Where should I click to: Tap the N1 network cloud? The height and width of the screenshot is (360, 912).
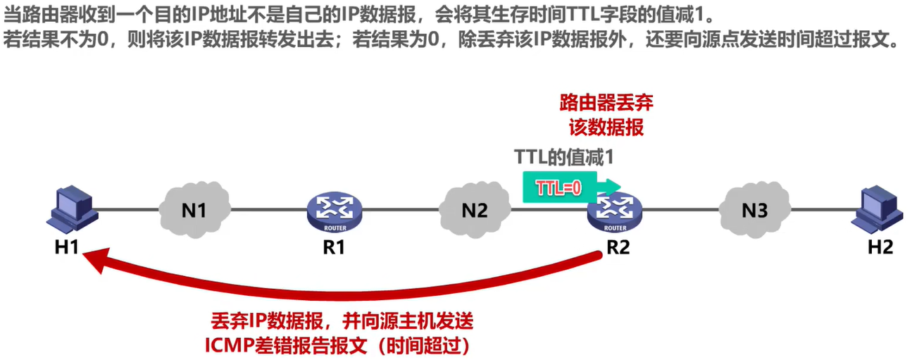pyautogui.click(x=194, y=209)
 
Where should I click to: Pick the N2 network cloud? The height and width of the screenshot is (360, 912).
pyautogui.click(x=474, y=209)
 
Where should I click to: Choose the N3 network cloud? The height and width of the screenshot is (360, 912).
pyautogui.click(x=754, y=209)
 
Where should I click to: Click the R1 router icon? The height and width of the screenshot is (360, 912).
pyautogui.click(x=334, y=209)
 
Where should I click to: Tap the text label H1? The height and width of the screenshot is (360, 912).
pyautogui.click(x=67, y=248)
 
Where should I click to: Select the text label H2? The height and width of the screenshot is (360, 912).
pyautogui.click(x=880, y=247)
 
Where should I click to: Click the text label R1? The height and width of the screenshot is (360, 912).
pyautogui.click(x=334, y=248)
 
